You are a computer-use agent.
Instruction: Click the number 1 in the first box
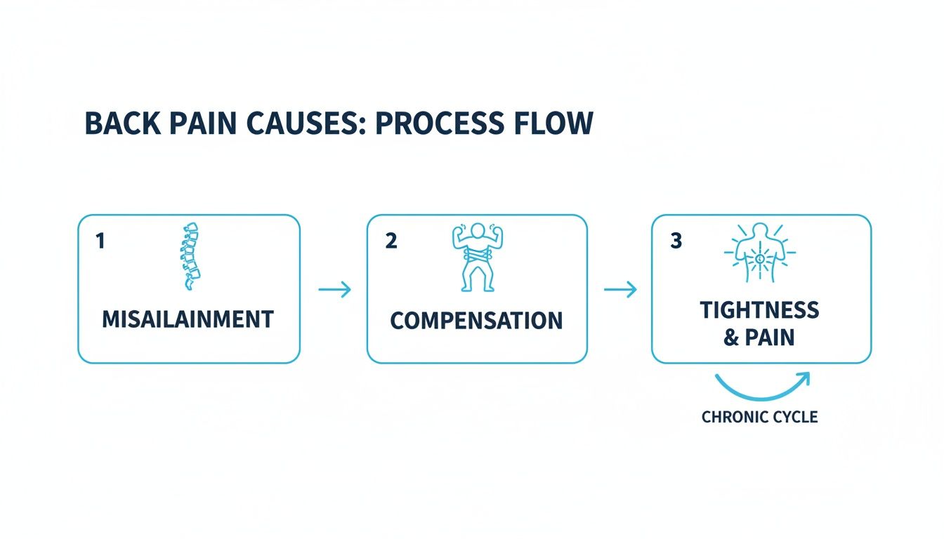[x=100, y=241]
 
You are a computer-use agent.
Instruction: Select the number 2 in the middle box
[x=391, y=241]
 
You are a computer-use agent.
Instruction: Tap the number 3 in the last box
[x=676, y=241]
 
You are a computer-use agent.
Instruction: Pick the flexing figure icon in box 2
[x=477, y=258]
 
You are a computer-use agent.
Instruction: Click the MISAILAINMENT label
[x=188, y=319]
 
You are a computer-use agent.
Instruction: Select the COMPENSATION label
[x=476, y=321]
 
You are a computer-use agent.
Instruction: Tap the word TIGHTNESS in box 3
[x=759, y=310]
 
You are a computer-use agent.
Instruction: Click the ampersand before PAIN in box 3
[x=730, y=338]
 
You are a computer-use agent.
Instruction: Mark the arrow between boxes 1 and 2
[x=334, y=288]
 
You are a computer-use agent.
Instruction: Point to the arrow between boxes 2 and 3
[x=620, y=288]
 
